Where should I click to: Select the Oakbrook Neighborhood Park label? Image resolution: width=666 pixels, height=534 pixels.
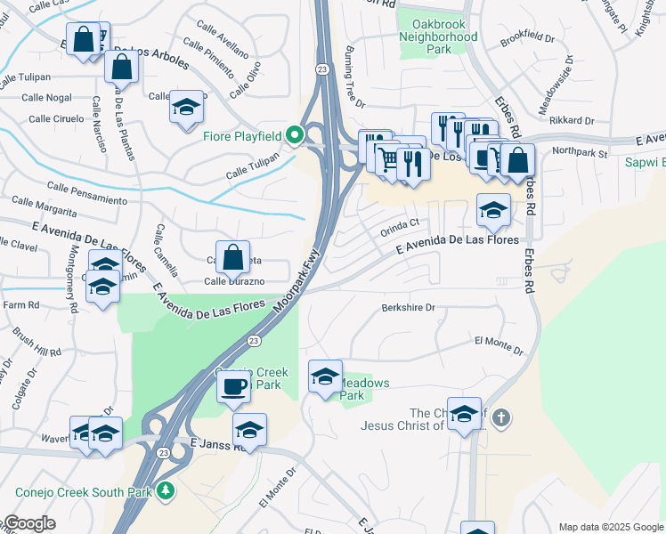coord(438,30)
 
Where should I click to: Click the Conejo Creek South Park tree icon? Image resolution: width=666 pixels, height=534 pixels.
coord(165,490)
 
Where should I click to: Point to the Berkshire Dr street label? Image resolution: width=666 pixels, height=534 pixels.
coord(408,308)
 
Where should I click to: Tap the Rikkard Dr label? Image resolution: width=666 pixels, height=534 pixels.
coord(572,120)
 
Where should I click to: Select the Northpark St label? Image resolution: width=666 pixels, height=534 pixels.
coord(579,153)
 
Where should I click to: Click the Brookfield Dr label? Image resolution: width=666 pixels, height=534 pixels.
coord(527,40)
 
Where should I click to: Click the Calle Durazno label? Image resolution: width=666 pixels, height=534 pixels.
coord(234,281)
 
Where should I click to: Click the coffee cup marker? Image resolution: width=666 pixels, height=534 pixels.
coord(234,386)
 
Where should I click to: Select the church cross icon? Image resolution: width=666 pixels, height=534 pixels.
coord(502,417)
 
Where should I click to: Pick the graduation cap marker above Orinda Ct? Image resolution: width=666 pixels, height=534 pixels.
coord(493,210)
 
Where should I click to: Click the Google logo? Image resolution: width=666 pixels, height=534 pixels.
coord(29,524)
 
